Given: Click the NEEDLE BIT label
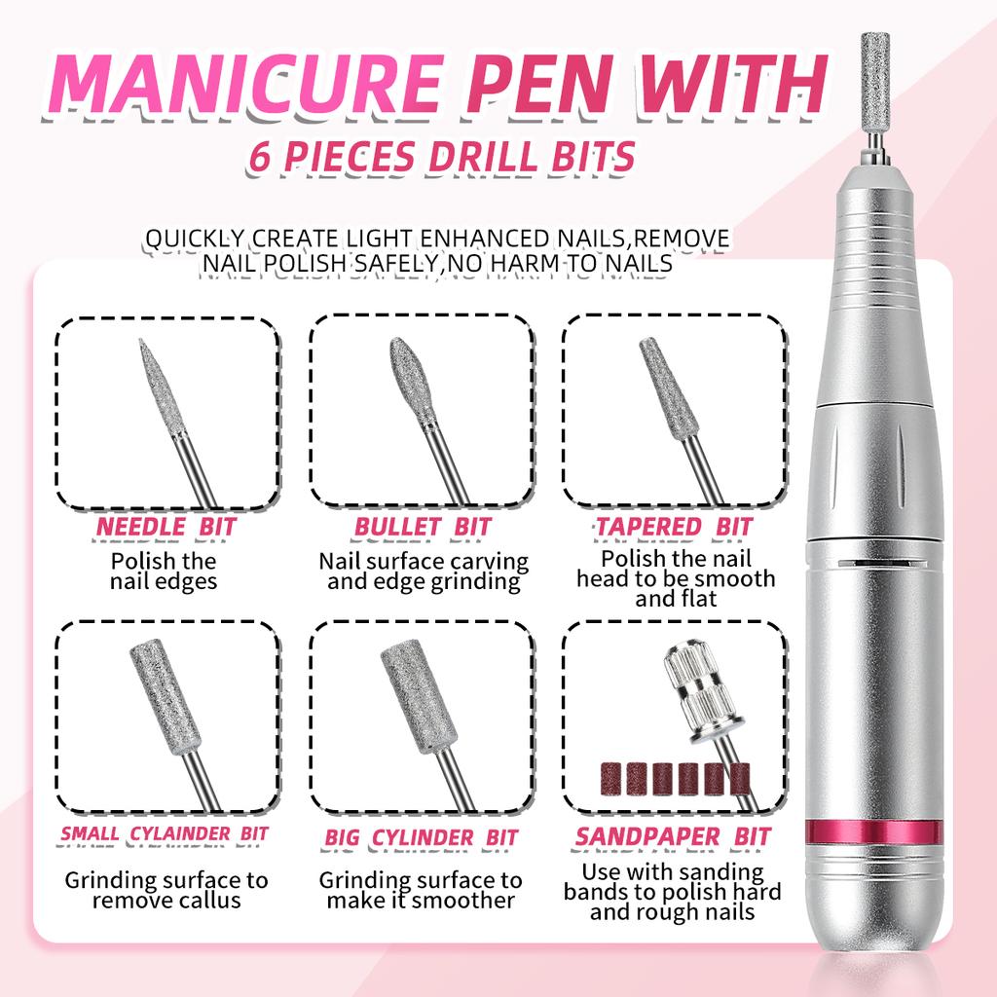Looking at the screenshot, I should click(166, 528).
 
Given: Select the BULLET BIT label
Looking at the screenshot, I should click(422, 528).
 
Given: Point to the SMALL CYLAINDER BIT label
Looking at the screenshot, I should click(165, 833).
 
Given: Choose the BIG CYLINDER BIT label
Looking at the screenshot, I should click(422, 837).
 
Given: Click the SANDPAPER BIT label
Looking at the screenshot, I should click(673, 836).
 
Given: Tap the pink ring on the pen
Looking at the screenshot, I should click(874, 832).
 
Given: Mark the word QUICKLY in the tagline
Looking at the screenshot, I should click(194, 239).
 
